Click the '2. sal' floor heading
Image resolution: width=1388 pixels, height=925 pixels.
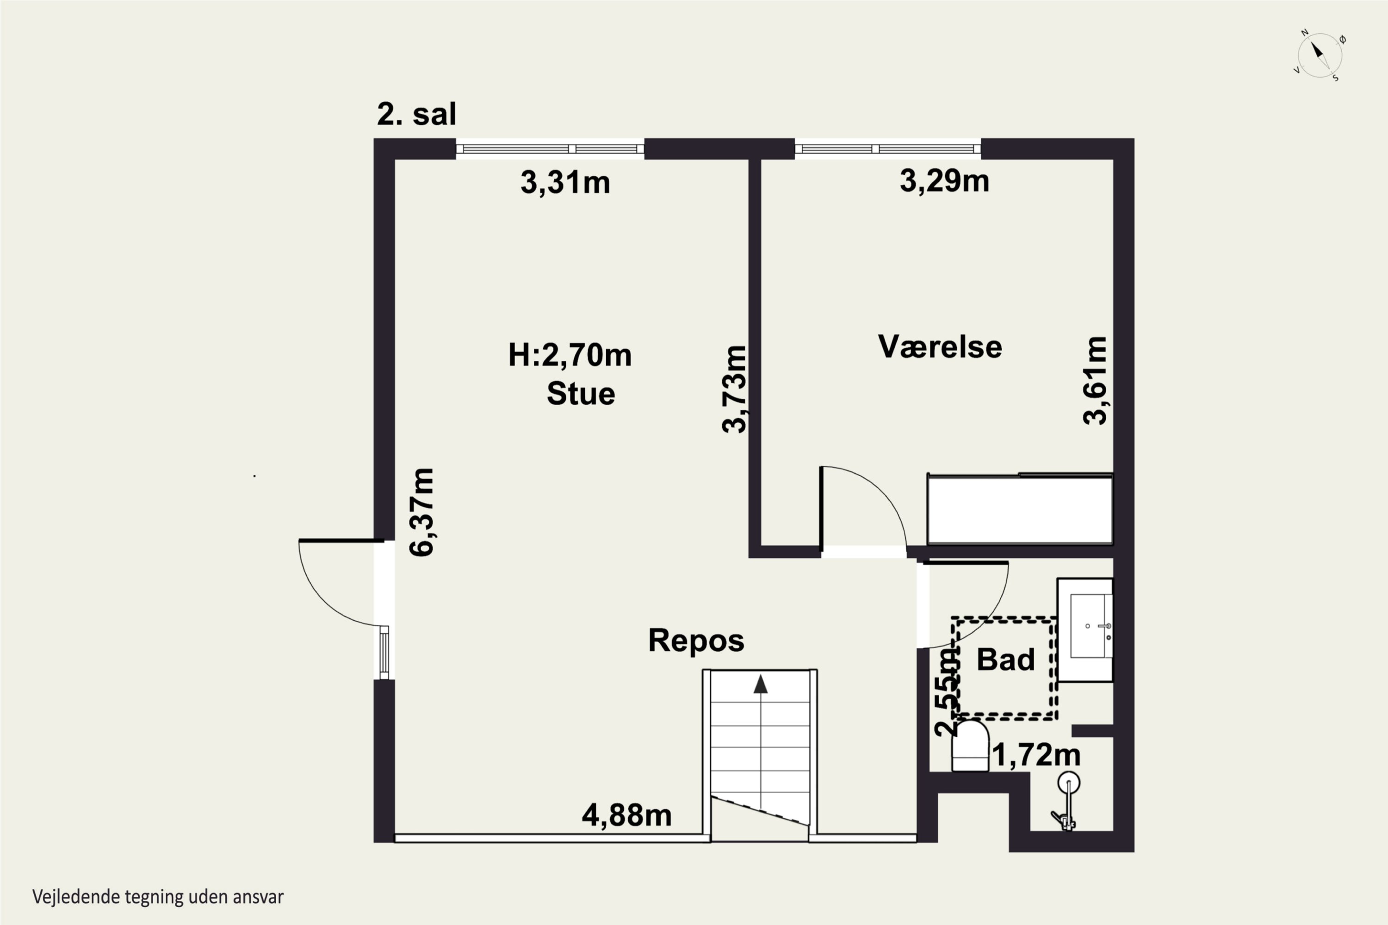coord(417,114)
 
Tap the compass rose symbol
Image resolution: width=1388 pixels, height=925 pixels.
coord(1320,56)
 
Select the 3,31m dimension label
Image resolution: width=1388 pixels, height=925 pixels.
coord(565,182)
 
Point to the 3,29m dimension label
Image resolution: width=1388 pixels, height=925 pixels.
coord(944,180)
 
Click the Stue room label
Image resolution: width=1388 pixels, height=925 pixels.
coord(581,394)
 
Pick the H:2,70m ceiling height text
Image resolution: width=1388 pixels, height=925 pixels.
coord(570,355)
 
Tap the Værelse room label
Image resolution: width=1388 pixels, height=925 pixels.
coord(940,346)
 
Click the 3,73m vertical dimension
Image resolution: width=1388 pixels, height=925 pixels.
coord(735,389)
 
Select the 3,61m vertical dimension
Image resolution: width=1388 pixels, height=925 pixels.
coord(1095,381)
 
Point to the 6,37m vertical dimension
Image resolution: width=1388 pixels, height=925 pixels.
coord(422,512)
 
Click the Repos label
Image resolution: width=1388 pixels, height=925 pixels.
coord(696,640)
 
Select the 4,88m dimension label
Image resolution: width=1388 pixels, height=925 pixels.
coord(627,815)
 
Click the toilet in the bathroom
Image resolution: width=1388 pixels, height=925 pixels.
coord(970,745)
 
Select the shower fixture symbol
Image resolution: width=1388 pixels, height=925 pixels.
coord(1066,801)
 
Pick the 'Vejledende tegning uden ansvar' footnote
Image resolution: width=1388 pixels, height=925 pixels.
coord(158,897)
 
